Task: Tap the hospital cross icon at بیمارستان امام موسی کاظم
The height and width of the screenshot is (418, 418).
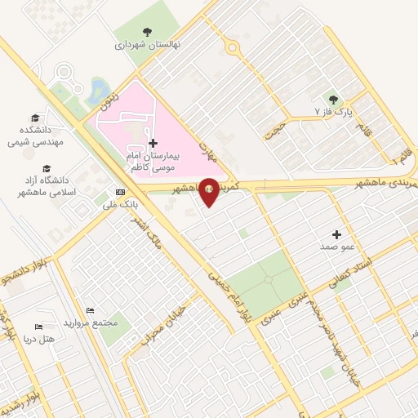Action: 153,143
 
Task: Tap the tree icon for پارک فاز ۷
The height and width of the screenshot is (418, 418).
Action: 331,96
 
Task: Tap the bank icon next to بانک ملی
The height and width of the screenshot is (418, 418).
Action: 122,193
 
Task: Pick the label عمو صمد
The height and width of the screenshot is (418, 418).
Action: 336,246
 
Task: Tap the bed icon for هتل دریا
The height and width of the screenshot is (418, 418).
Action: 39,327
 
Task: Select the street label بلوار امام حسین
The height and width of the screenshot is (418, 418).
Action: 227,298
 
